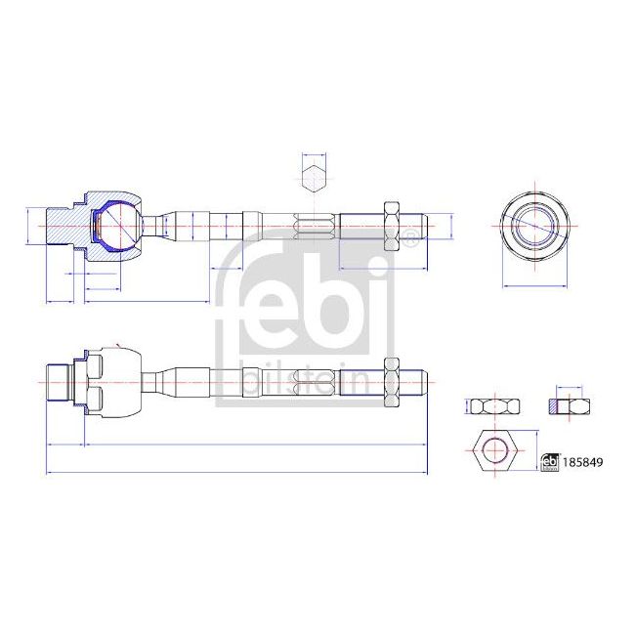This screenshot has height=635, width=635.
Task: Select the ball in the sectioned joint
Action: coord(118,224)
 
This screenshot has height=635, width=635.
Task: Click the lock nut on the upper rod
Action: coord(392,225)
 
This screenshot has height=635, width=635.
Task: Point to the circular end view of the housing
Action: coord(534,224)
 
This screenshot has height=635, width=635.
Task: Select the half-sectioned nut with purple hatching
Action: coord(567,405)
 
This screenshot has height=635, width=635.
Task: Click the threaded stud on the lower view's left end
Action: coord(59,381)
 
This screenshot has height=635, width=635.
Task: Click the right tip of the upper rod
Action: coord(424,225)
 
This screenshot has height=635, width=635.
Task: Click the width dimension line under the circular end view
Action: coord(534,286)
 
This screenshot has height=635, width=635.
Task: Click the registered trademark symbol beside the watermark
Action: coord(412,236)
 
